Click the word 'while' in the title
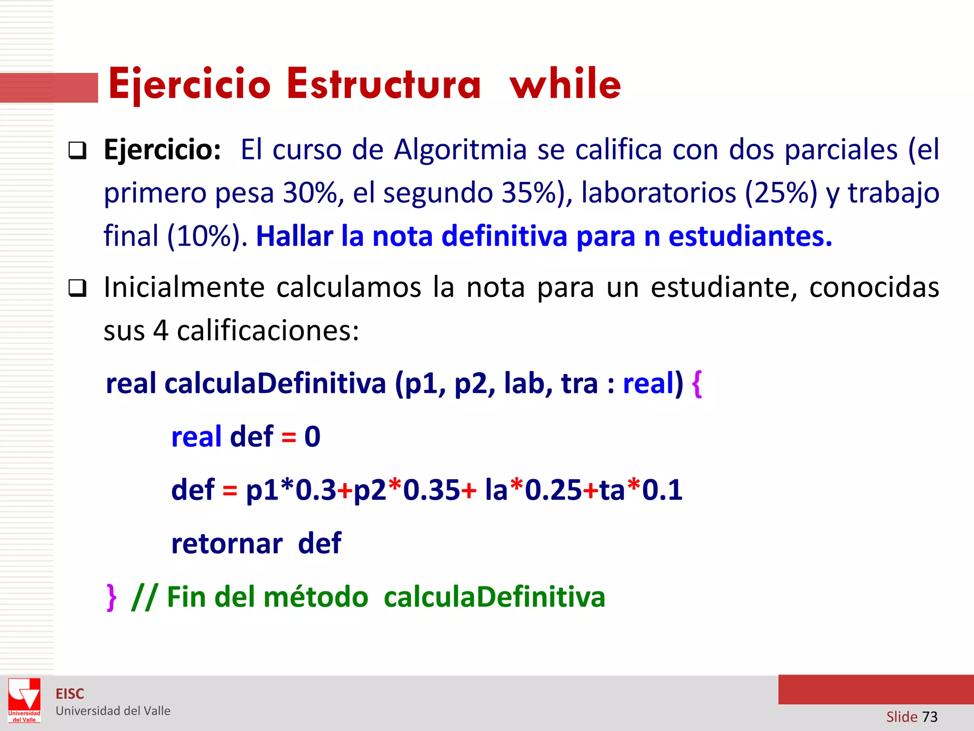pyautogui.click(x=565, y=84)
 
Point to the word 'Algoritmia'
pyautogui.click(x=460, y=149)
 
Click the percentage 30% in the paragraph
pyautogui.click(x=310, y=193)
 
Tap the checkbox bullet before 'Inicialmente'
pyautogui.click(x=77, y=288)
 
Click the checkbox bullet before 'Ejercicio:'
pyautogui.click(x=77, y=151)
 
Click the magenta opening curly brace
pyautogui.click(x=697, y=384)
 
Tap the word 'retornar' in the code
pyautogui.click(x=227, y=543)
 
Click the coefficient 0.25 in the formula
pyautogui.click(x=553, y=490)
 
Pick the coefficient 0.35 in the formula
pyautogui.click(x=431, y=490)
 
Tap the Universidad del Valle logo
pyautogui.click(x=24, y=701)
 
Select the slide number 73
pyautogui.click(x=929, y=716)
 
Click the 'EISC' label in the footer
pyautogui.click(x=70, y=694)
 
